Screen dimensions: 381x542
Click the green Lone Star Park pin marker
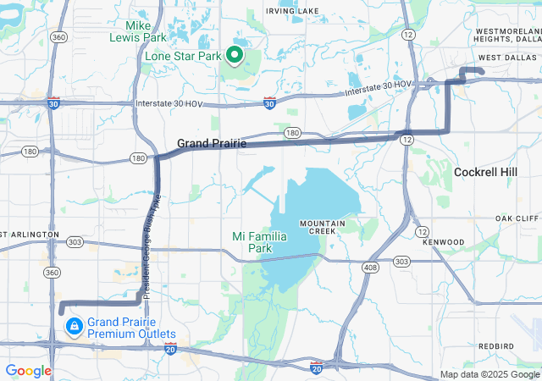234,56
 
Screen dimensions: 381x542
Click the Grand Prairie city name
212,144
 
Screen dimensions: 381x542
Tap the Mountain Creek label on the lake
322,227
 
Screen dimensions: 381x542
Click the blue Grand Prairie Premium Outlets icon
74,326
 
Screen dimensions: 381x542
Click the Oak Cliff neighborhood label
517,218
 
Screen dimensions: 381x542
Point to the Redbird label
495,346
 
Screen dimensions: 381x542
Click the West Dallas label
506,58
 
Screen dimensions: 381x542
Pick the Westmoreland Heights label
507,35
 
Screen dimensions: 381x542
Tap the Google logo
28,371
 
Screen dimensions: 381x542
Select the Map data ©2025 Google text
489,374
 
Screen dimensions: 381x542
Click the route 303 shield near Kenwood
401,261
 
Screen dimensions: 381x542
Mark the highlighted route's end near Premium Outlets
61,311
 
